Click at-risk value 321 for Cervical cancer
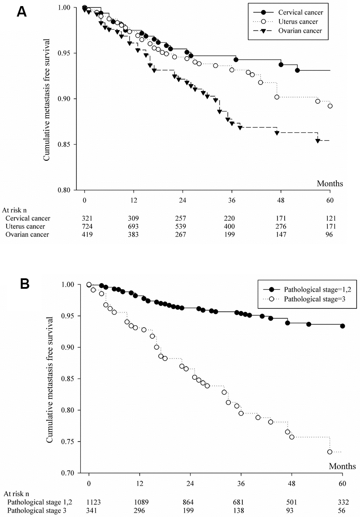[85, 218]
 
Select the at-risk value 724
[85, 226]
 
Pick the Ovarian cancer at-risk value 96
[330, 235]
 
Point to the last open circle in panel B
[330, 452]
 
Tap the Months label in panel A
[330, 183]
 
